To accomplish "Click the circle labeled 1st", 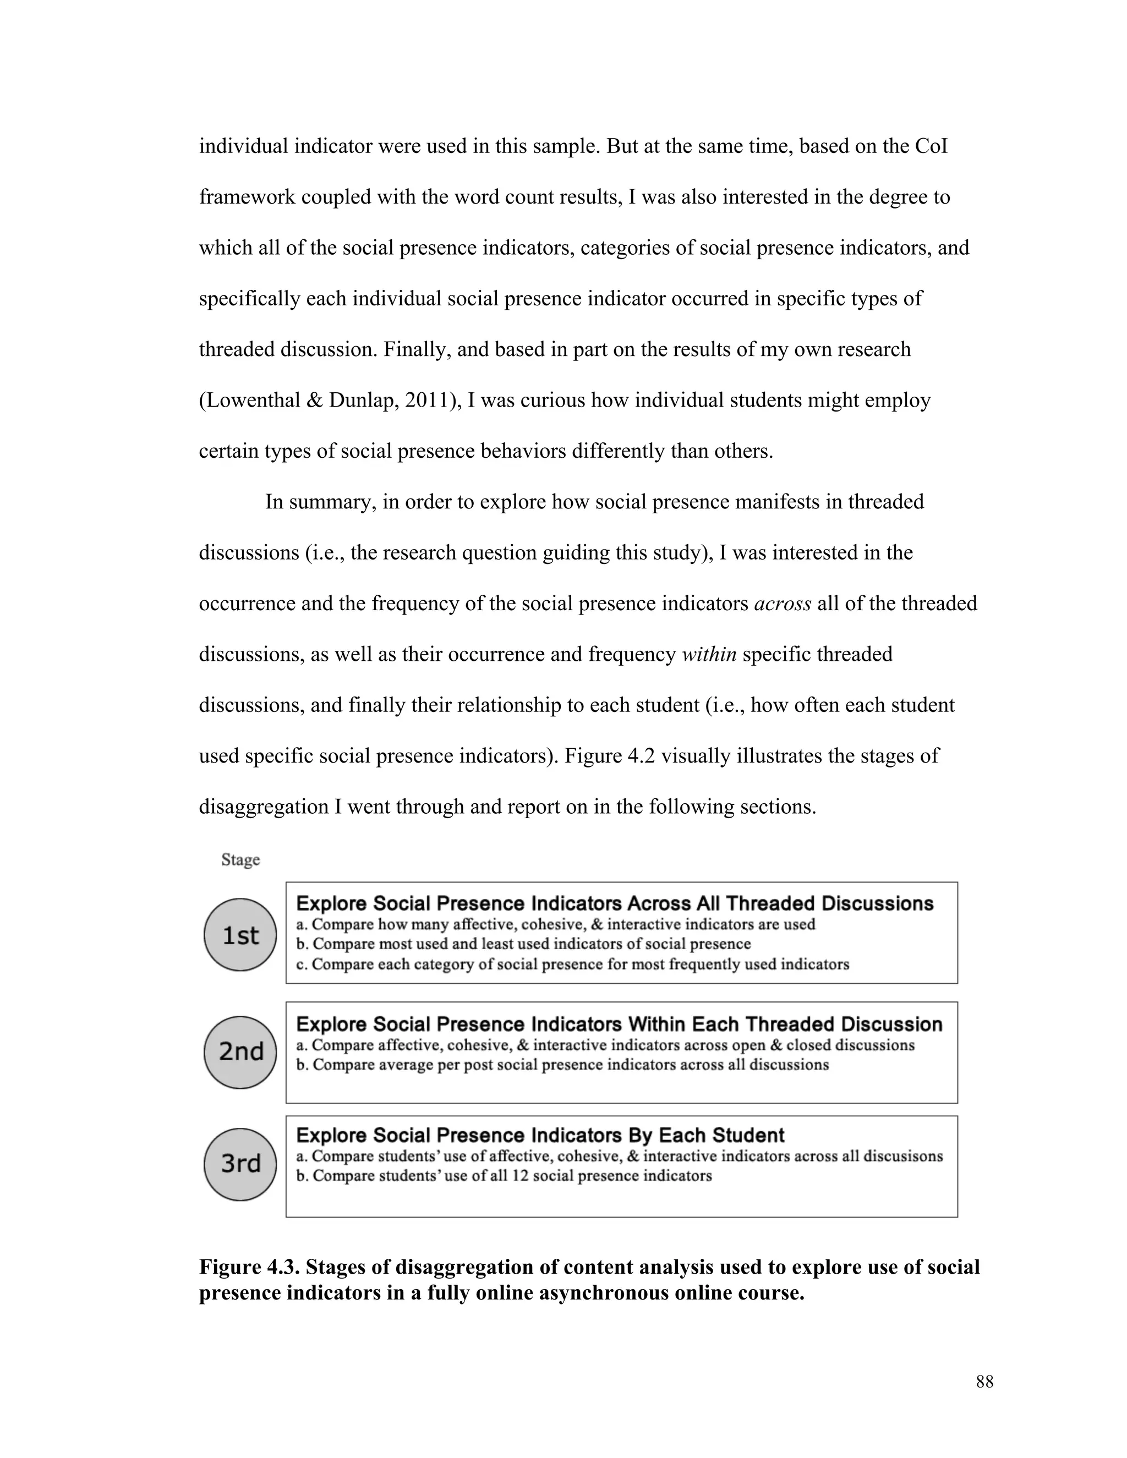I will (x=240, y=935).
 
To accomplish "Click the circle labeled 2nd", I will (x=240, y=1052).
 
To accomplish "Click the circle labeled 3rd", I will (x=240, y=1164).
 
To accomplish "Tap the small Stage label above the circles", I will (x=240, y=859).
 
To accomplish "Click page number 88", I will (x=984, y=1382).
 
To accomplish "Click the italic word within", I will (x=708, y=654).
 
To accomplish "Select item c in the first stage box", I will (x=572, y=964).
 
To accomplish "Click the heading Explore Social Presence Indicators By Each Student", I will (x=539, y=1136).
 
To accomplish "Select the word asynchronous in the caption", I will (x=604, y=1293).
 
